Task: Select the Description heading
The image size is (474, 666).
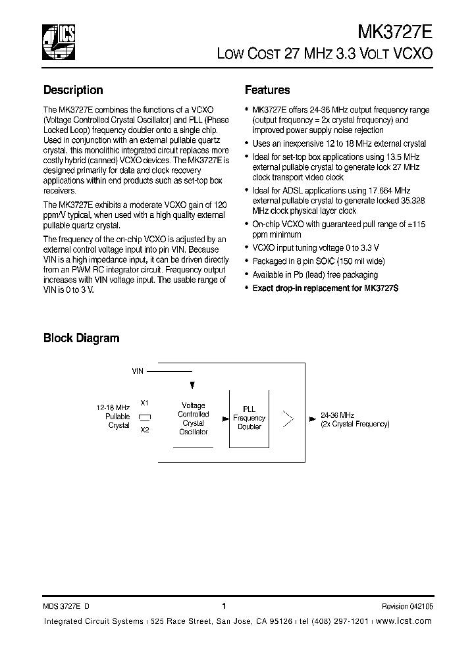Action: point(73,90)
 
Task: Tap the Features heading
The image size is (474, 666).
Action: point(267,90)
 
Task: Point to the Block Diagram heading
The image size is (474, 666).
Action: point(81,338)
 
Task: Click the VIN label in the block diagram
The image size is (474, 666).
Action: point(138,371)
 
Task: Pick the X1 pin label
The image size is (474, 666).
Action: point(145,403)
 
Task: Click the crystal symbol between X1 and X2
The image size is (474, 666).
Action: point(145,417)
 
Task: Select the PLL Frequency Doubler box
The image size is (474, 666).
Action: point(249,419)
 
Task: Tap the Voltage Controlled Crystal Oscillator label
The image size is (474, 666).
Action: point(193,419)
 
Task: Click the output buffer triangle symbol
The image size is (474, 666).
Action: point(288,418)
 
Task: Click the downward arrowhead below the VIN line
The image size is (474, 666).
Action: point(192,386)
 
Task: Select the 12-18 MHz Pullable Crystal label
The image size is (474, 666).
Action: point(115,417)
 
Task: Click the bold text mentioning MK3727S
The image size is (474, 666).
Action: point(307,288)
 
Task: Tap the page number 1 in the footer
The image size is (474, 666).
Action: point(224,607)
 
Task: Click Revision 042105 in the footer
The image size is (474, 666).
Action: point(407,607)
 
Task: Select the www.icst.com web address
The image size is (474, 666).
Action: point(406,621)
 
